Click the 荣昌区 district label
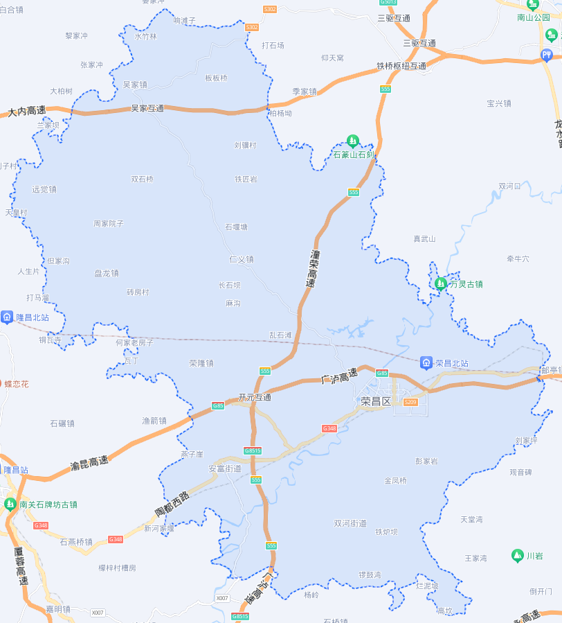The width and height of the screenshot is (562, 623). coord(376,402)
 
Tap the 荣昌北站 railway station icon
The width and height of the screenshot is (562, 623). coord(426,362)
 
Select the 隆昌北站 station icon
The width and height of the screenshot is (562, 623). coord(7,317)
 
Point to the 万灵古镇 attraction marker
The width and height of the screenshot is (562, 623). coord(440,283)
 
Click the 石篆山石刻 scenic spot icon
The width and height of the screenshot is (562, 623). coord(353,141)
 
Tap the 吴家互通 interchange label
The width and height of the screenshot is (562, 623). coord(147,109)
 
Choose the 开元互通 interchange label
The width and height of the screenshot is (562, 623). coord(254,398)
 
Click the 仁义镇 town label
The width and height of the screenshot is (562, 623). coord(242,259)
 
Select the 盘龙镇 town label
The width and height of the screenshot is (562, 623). coord(107,273)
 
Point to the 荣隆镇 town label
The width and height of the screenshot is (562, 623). coord(201,363)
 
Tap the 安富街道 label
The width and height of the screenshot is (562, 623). coord(225,468)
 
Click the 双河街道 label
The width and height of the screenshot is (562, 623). coord(350,523)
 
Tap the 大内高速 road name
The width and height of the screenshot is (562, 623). coord(27,111)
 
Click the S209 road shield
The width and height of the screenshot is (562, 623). coord(410,402)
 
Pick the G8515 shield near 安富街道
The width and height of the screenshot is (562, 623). coord(253,451)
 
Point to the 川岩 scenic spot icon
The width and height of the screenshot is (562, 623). coord(517,555)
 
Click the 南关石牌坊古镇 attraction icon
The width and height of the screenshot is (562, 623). coord(10,504)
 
